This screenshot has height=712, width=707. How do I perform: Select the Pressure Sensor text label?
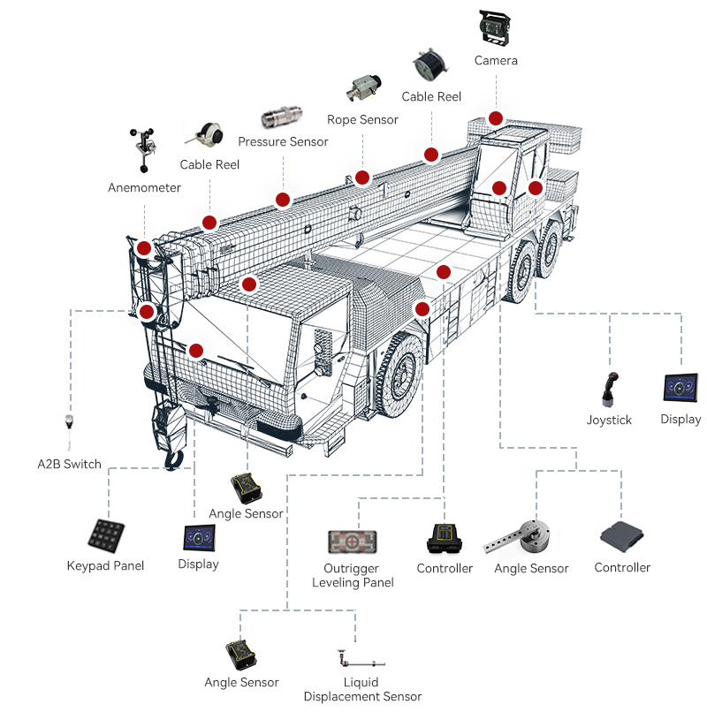pyautogui.click(x=283, y=141)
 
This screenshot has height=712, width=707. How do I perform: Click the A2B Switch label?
pyautogui.click(x=69, y=464)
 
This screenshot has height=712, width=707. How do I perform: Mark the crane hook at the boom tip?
pyautogui.click(x=173, y=457)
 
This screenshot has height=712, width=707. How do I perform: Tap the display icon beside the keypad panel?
pyautogui.click(x=198, y=537)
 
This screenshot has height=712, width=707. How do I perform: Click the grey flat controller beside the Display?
pyautogui.click(x=622, y=535)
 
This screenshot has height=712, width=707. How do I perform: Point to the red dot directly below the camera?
pyautogui.click(x=496, y=118)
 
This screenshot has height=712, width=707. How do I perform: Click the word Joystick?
pyautogui.click(x=609, y=420)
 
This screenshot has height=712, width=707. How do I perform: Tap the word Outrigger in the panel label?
pyautogui.click(x=353, y=568)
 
